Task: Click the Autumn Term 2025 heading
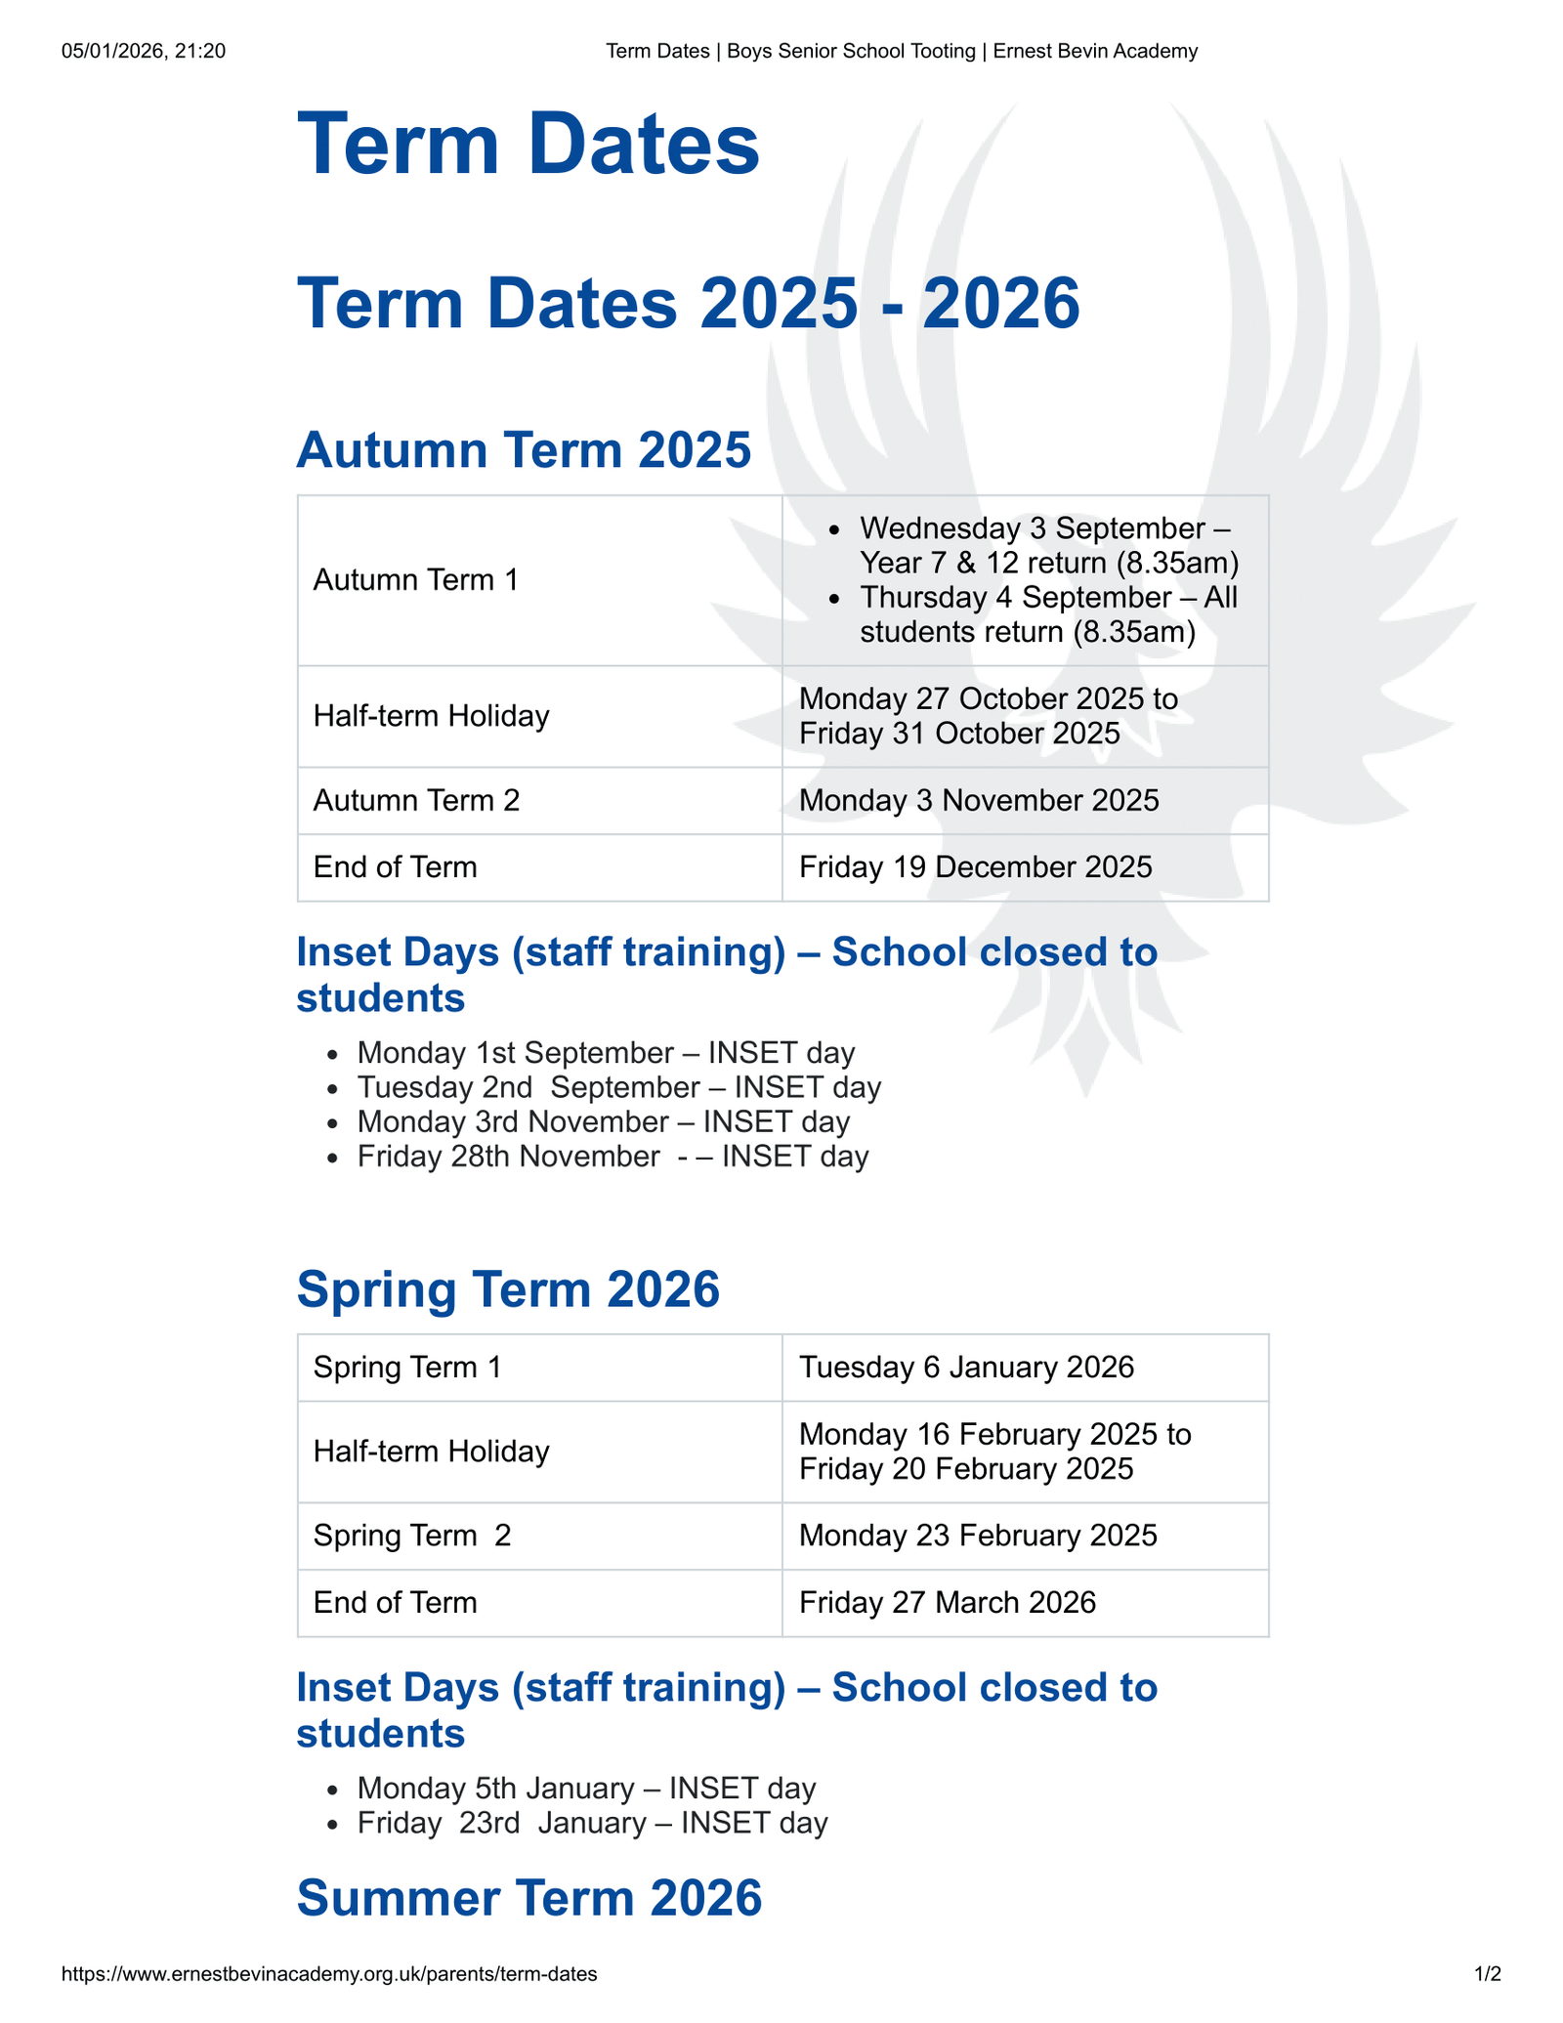pyautogui.click(x=524, y=450)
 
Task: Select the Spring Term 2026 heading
pyautogui.click(x=508, y=1288)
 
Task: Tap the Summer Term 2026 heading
pyautogui.click(x=528, y=1898)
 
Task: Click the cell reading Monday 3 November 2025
pyautogui.click(x=979, y=801)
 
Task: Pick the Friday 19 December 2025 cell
pyautogui.click(x=975, y=867)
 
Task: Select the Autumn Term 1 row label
pyautogui.click(x=416, y=580)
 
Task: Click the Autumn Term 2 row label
pyautogui.click(x=416, y=801)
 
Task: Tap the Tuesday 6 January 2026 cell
pyautogui.click(x=966, y=1368)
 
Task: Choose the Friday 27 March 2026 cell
pyautogui.click(x=948, y=1602)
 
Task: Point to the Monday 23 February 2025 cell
pyautogui.click(x=978, y=1536)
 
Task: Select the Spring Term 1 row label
pyautogui.click(x=407, y=1368)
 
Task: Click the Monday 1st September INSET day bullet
pyautogui.click(x=606, y=1053)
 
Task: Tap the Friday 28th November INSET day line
pyautogui.click(x=613, y=1157)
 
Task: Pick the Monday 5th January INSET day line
pyautogui.click(x=586, y=1789)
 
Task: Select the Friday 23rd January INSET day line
pyautogui.click(x=592, y=1823)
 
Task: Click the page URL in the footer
pyautogui.click(x=329, y=1974)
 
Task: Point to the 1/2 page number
pyautogui.click(x=1487, y=1974)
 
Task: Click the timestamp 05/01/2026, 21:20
pyautogui.click(x=144, y=51)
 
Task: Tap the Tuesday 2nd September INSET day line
pyautogui.click(x=618, y=1087)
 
